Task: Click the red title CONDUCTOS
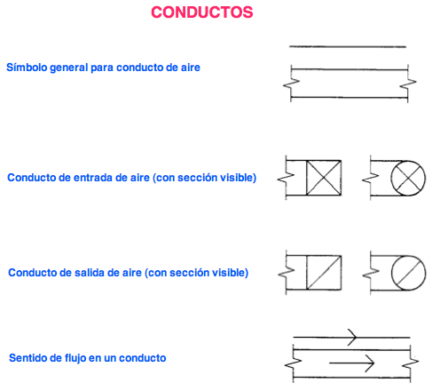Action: (202, 12)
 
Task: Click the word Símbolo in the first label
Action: (27, 68)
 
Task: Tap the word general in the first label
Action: (69, 68)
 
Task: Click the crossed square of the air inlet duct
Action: (324, 178)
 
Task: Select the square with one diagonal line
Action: (324, 273)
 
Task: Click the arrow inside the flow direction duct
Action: (352, 363)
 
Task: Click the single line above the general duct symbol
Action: (348, 46)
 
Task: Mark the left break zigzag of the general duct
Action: (291, 84)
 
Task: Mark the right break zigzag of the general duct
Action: (408, 84)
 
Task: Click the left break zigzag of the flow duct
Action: (293, 363)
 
